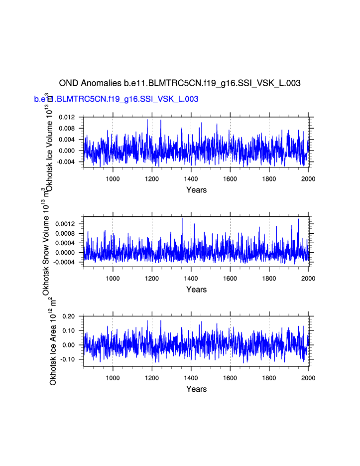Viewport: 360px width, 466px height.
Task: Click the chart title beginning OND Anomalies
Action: coord(180,83)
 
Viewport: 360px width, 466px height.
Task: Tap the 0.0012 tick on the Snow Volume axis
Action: coord(67,224)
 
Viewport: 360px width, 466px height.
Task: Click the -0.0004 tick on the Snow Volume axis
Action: coord(66,262)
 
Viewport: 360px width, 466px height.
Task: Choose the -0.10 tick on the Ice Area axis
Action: coord(68,359)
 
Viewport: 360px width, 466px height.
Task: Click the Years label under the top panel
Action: coord(196,190)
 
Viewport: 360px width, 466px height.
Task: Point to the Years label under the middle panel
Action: coord(196,290)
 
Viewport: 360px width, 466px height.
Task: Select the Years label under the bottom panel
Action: coord(196,389)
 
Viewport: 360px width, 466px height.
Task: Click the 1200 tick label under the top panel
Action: coord(152,178)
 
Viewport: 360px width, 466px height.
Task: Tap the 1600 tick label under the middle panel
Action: coord(230,278)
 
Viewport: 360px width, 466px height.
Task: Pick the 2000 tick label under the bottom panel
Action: coord(308,378)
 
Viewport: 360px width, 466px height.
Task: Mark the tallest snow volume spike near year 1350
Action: coord(182,218)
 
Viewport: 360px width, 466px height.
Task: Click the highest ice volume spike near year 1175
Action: coord(147,120)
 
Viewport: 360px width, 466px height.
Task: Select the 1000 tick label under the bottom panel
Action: coord(113,378)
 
